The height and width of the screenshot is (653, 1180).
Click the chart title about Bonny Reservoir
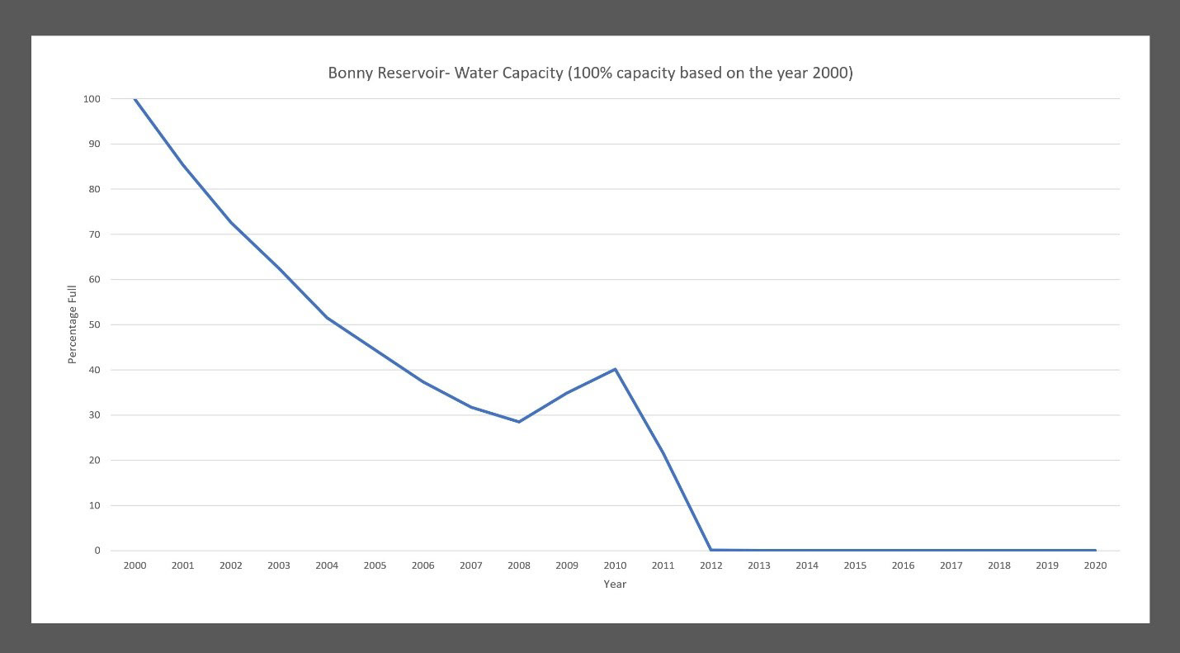click(590, 73)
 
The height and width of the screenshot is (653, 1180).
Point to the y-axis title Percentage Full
click(72, 324)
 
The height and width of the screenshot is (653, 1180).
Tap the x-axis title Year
click(615, 584)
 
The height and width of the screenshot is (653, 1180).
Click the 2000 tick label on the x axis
click(135, 565)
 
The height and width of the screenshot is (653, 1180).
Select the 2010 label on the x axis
click(615, 565)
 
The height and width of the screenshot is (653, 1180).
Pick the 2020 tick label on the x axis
click(1095, 565)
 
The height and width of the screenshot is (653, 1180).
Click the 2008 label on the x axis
click(519, 565)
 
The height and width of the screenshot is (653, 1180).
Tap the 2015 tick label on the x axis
click(855, 565)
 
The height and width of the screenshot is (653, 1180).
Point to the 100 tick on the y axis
click(92, 99)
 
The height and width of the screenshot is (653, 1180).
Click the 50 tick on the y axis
click(94, 324)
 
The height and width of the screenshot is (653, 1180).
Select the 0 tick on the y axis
click(97, 551)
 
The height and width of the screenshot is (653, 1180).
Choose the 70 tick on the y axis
click(94, 234)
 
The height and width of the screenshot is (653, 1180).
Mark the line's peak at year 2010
click(615, 369)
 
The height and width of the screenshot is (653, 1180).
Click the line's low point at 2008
click(519, 422)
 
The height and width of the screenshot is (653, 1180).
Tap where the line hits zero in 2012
click(710, 550)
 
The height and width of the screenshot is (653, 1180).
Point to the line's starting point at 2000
click(135, 99)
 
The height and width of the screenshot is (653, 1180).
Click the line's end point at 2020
click(1095, 550)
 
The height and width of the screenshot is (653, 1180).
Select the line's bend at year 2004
click(327, 318)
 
